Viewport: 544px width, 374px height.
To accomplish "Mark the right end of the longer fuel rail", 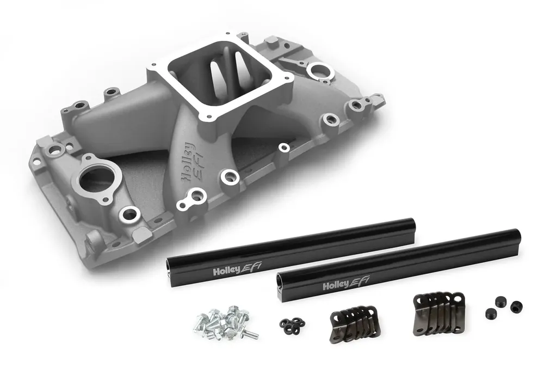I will point(515,239).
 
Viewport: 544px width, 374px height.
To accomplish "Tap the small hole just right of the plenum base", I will point(283,146).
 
